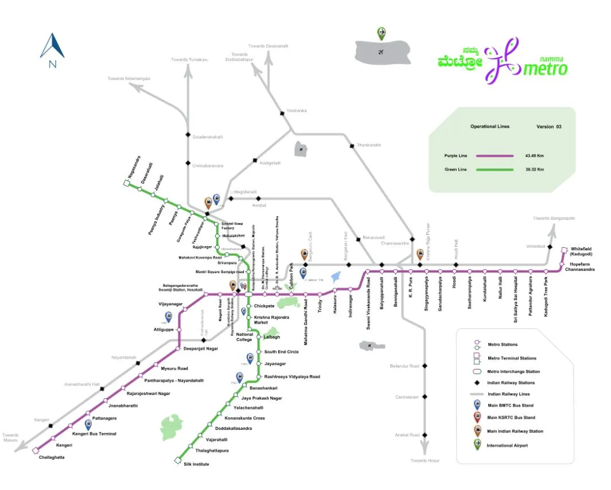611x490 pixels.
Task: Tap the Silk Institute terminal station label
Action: click(x=197, y=464)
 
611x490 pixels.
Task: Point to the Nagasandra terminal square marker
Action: click(x=126, y=183)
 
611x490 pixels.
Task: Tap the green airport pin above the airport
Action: click(x=382, y=33)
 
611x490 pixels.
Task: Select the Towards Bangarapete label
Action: click(x=554, y=218)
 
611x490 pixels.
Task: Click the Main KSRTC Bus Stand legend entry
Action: click(x=511, y=417)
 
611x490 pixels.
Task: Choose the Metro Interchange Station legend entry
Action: click(x=513, y=371)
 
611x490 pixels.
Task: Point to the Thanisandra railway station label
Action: click(x=369, y=145)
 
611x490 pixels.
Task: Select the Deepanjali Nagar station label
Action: click(x=200, y=348)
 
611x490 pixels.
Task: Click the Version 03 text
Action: click(x=548, y=126)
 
